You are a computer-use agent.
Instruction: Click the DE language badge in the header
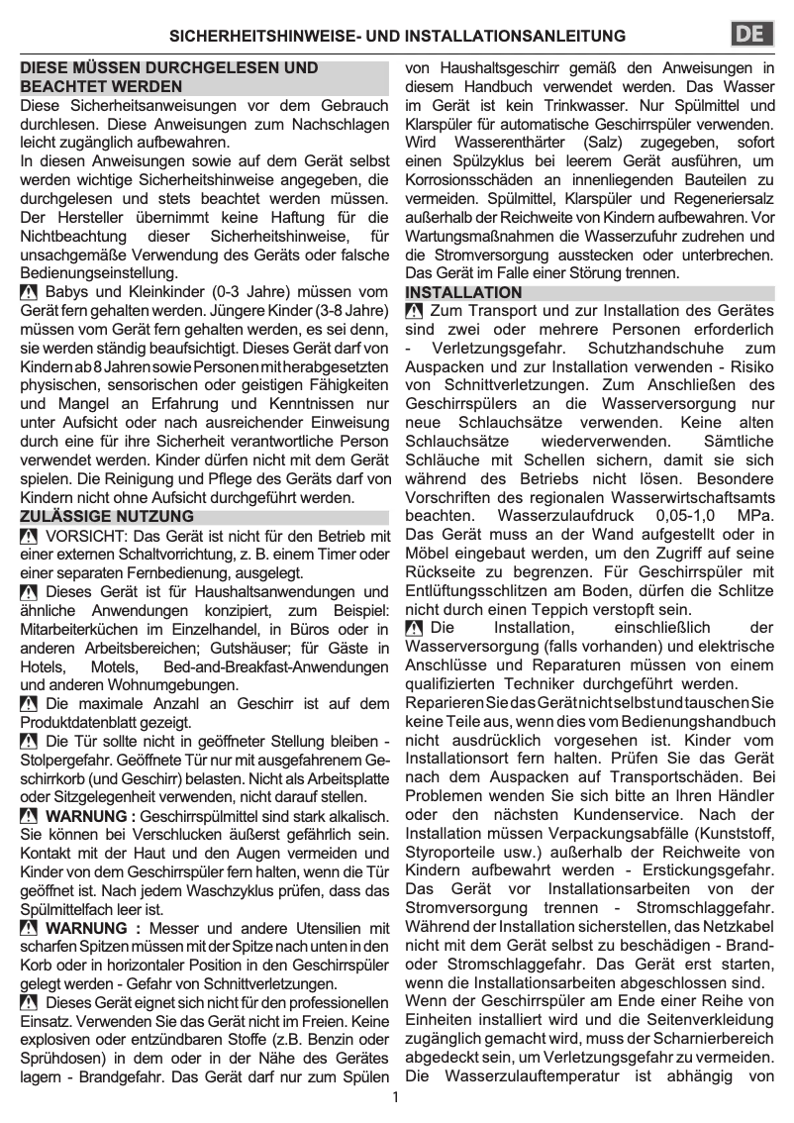pyautogui.click(x=751, y=35)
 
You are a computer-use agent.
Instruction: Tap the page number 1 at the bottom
pyautogui.click(x=395, y=1097)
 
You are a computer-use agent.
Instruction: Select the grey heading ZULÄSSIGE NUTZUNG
pyautogui.click(x=108, y=517)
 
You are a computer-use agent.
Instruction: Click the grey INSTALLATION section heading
pyautogui.click(x=463, y=293)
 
